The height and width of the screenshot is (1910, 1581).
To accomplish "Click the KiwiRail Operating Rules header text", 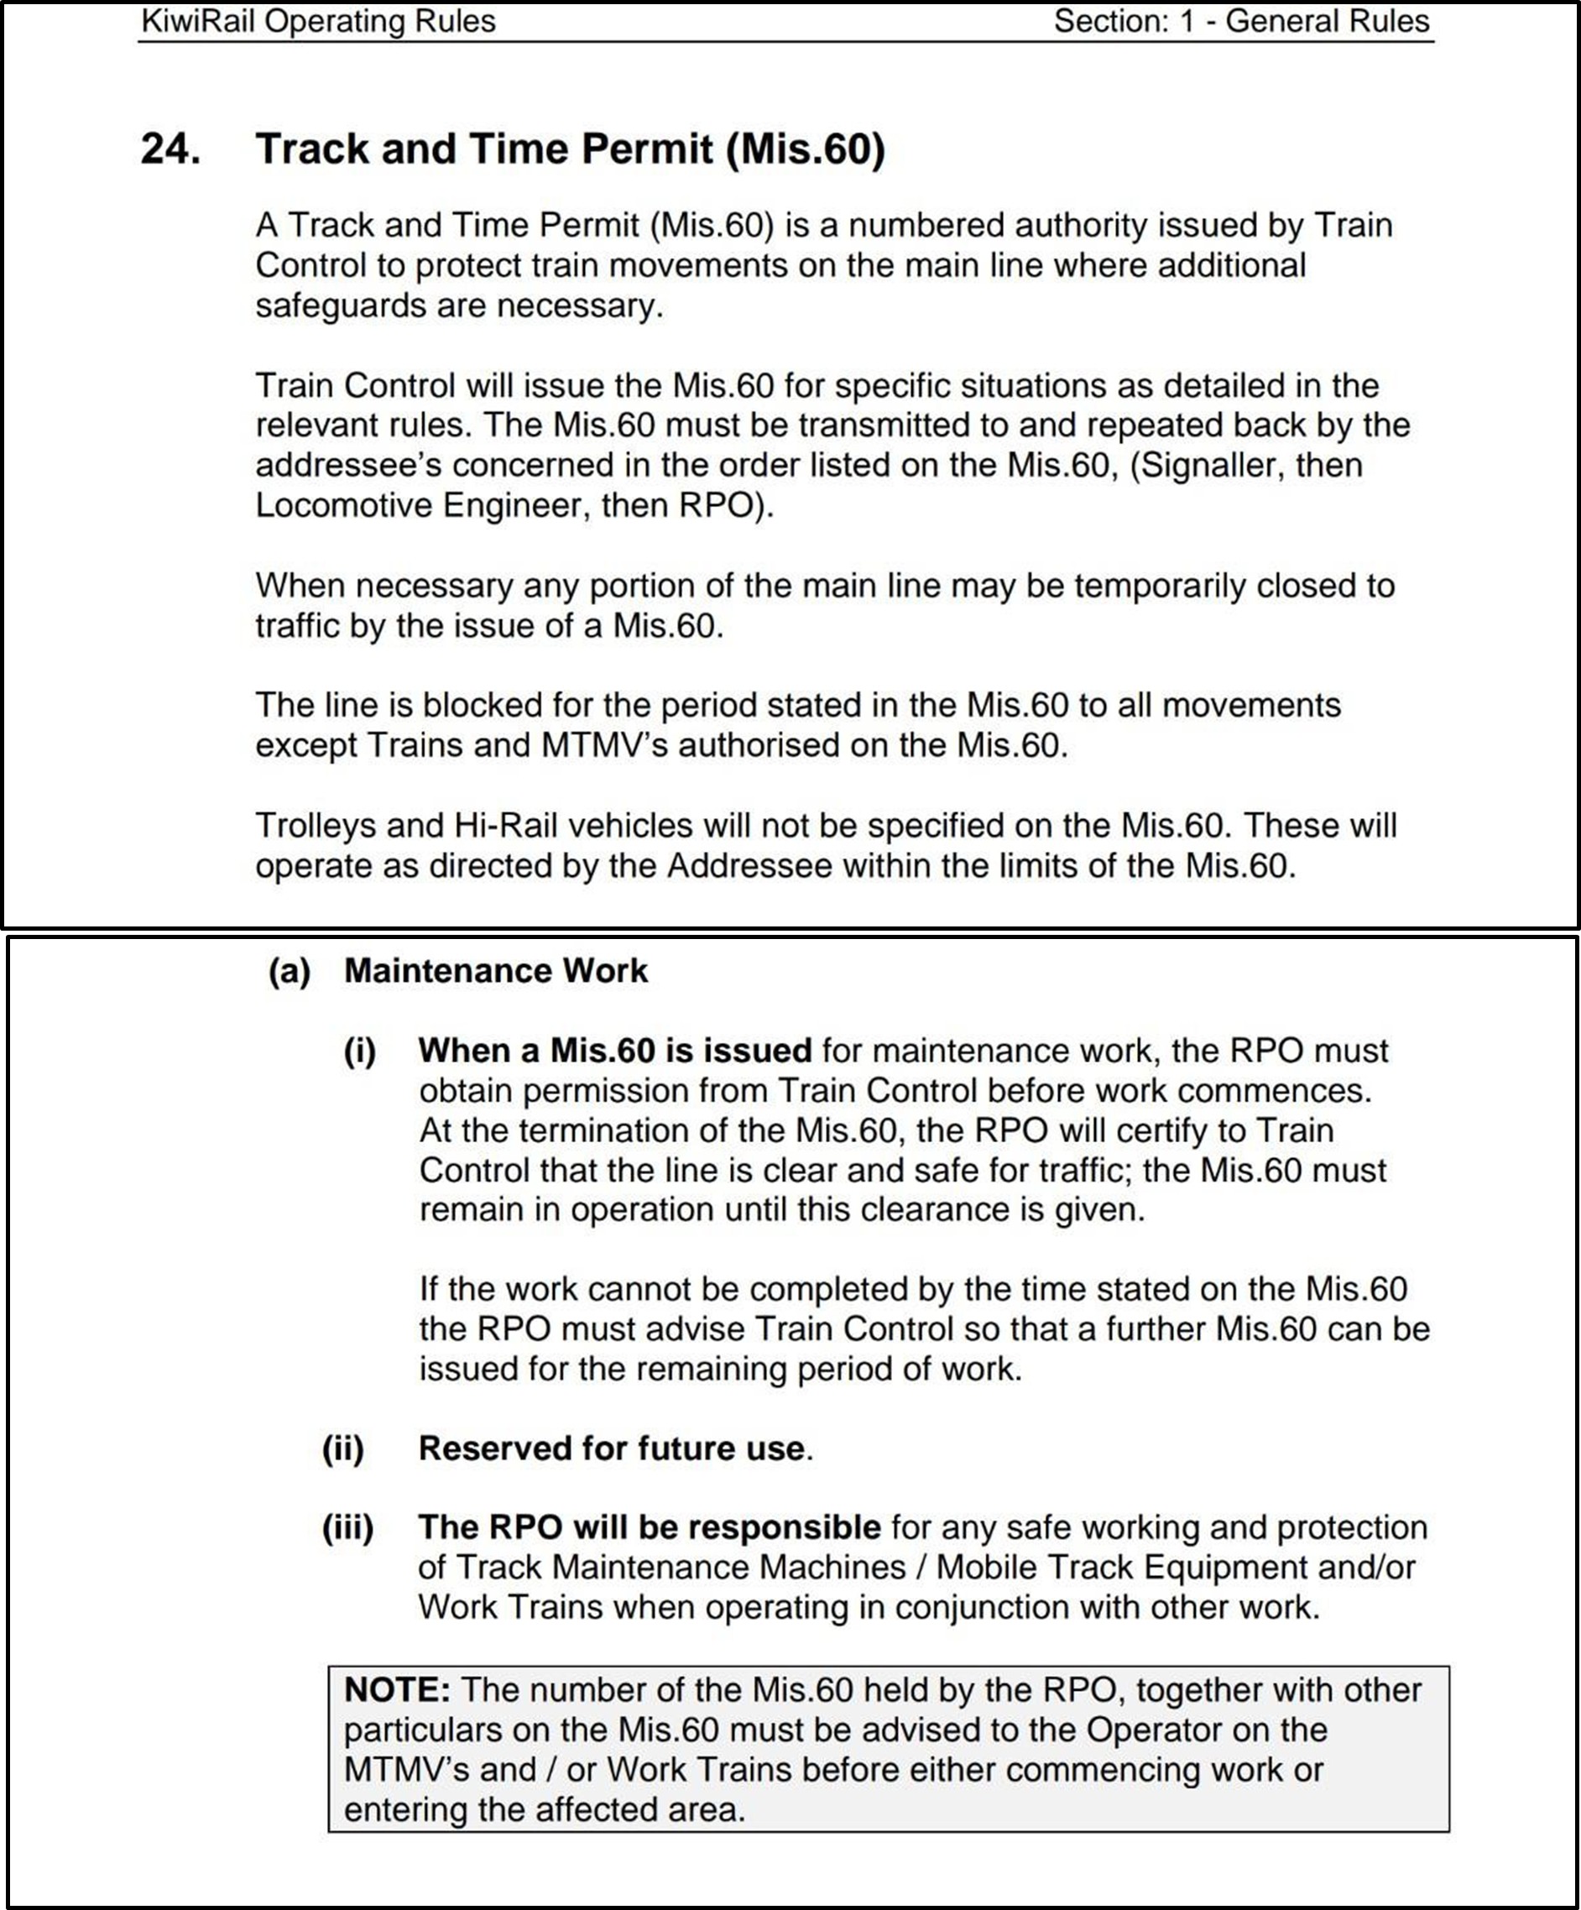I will pyautogui.click(x=318, y=21).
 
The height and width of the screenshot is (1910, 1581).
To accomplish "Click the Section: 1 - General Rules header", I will pyautogui.click(x=1242, y=21).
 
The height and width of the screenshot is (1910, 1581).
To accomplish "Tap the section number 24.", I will pyautogui.click(x=170, y=149).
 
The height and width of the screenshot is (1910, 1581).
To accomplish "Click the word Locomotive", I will pyautogui.click(x=344, y=505).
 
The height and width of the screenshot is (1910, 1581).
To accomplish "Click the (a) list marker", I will pyautogui.click(x=290, y=972).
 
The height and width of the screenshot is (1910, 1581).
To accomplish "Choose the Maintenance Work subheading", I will pyautogui.click(x=496, y=972).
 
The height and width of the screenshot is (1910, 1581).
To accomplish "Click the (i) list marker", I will pyautogui.click(x=359, y=1052).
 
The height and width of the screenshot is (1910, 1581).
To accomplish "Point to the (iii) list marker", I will pyautogui.click(x=347, y=1528).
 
